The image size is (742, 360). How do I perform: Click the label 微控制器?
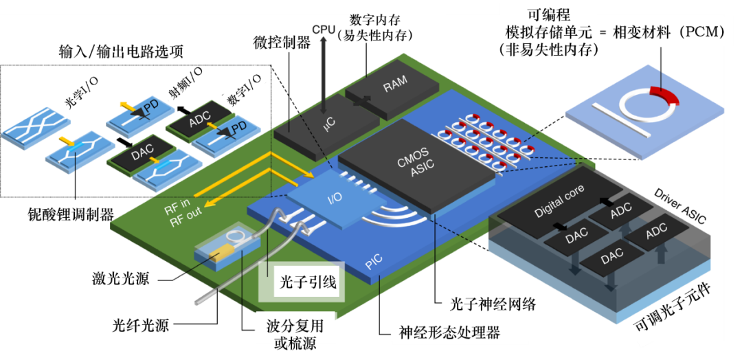pyautogui.click(x=281, y=43)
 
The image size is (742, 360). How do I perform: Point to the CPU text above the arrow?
pyautogui.click(x=324, y=30)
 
